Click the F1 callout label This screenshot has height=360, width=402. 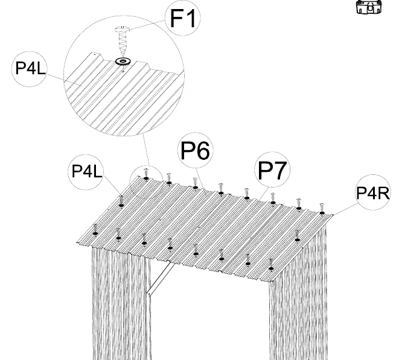click(x=182, y=18)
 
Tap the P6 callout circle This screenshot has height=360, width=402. click(x=196, y=150)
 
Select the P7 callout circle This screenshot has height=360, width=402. click(x=272, y=169)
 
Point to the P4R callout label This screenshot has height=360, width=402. click(x=373, y=192)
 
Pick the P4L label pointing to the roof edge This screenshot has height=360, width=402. click(x=86, y=172)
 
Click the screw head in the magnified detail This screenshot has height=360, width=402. click(x=123, y=29)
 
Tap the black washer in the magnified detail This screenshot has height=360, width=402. click(x=123, y=61)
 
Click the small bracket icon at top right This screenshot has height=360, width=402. click(x=369, y=7)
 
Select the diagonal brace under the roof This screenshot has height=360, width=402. click(x=160, y=280)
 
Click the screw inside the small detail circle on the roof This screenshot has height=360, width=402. click(x=146, y=174)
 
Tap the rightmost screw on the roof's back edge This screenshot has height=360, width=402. click(x=322, y=209)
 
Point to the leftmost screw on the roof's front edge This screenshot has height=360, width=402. click(x=95, y=230)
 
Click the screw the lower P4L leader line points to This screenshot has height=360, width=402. click(x=121, y=201)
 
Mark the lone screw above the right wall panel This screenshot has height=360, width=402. click(x=297, y=236)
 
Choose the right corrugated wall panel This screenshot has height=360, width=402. click(x=298, y=294)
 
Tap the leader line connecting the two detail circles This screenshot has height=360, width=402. click(x=146, y=150)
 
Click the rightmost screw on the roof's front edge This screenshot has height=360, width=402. click(x=271, y=265)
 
